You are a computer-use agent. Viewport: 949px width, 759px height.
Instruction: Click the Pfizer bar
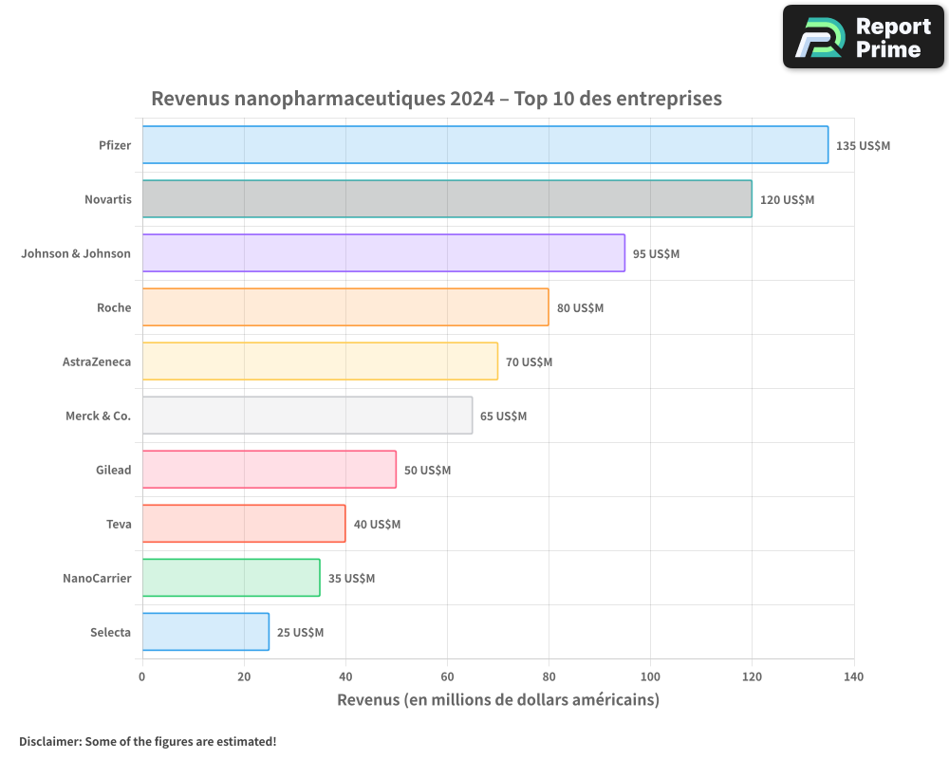[x=485, y=145]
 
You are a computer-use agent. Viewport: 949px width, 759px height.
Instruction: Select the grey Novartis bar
[x=447, y=199]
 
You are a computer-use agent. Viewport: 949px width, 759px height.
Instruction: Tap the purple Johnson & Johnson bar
[x=383, y=253]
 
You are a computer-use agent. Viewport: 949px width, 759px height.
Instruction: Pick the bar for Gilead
[x=270, y=470]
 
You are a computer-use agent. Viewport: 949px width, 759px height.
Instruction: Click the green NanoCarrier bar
[x=231, y=578]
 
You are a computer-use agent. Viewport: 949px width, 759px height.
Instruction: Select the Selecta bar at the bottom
[x=206, y=632]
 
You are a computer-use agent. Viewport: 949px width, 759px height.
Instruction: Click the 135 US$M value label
[x=863, y=146]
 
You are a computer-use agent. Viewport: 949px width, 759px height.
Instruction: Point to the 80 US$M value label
[x=580, y=308]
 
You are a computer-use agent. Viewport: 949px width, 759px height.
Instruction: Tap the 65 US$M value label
[x=503, y=417]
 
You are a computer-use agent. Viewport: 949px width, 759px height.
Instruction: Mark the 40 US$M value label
[x=377, y=525]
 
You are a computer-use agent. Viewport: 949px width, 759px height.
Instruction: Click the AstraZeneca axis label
[x=97, y=361]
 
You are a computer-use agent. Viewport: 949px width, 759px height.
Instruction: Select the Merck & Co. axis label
[x=99, y=416]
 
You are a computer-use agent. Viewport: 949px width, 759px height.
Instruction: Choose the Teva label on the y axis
[x=119, y=524]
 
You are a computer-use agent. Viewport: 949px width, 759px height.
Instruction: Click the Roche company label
[x=114, y=307]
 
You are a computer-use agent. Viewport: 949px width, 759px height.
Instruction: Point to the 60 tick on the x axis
[x=447, y=676]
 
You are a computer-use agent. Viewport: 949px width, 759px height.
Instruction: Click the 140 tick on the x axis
[x=853, y=676]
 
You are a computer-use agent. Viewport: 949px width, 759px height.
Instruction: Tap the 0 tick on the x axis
[x=142, y=676]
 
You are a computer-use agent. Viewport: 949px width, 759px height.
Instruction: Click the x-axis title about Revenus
[x=498, y=700]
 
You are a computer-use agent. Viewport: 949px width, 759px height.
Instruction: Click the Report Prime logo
[x=863, y=37]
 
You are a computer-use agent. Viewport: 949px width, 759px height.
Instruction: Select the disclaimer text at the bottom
[x=147, y=741]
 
